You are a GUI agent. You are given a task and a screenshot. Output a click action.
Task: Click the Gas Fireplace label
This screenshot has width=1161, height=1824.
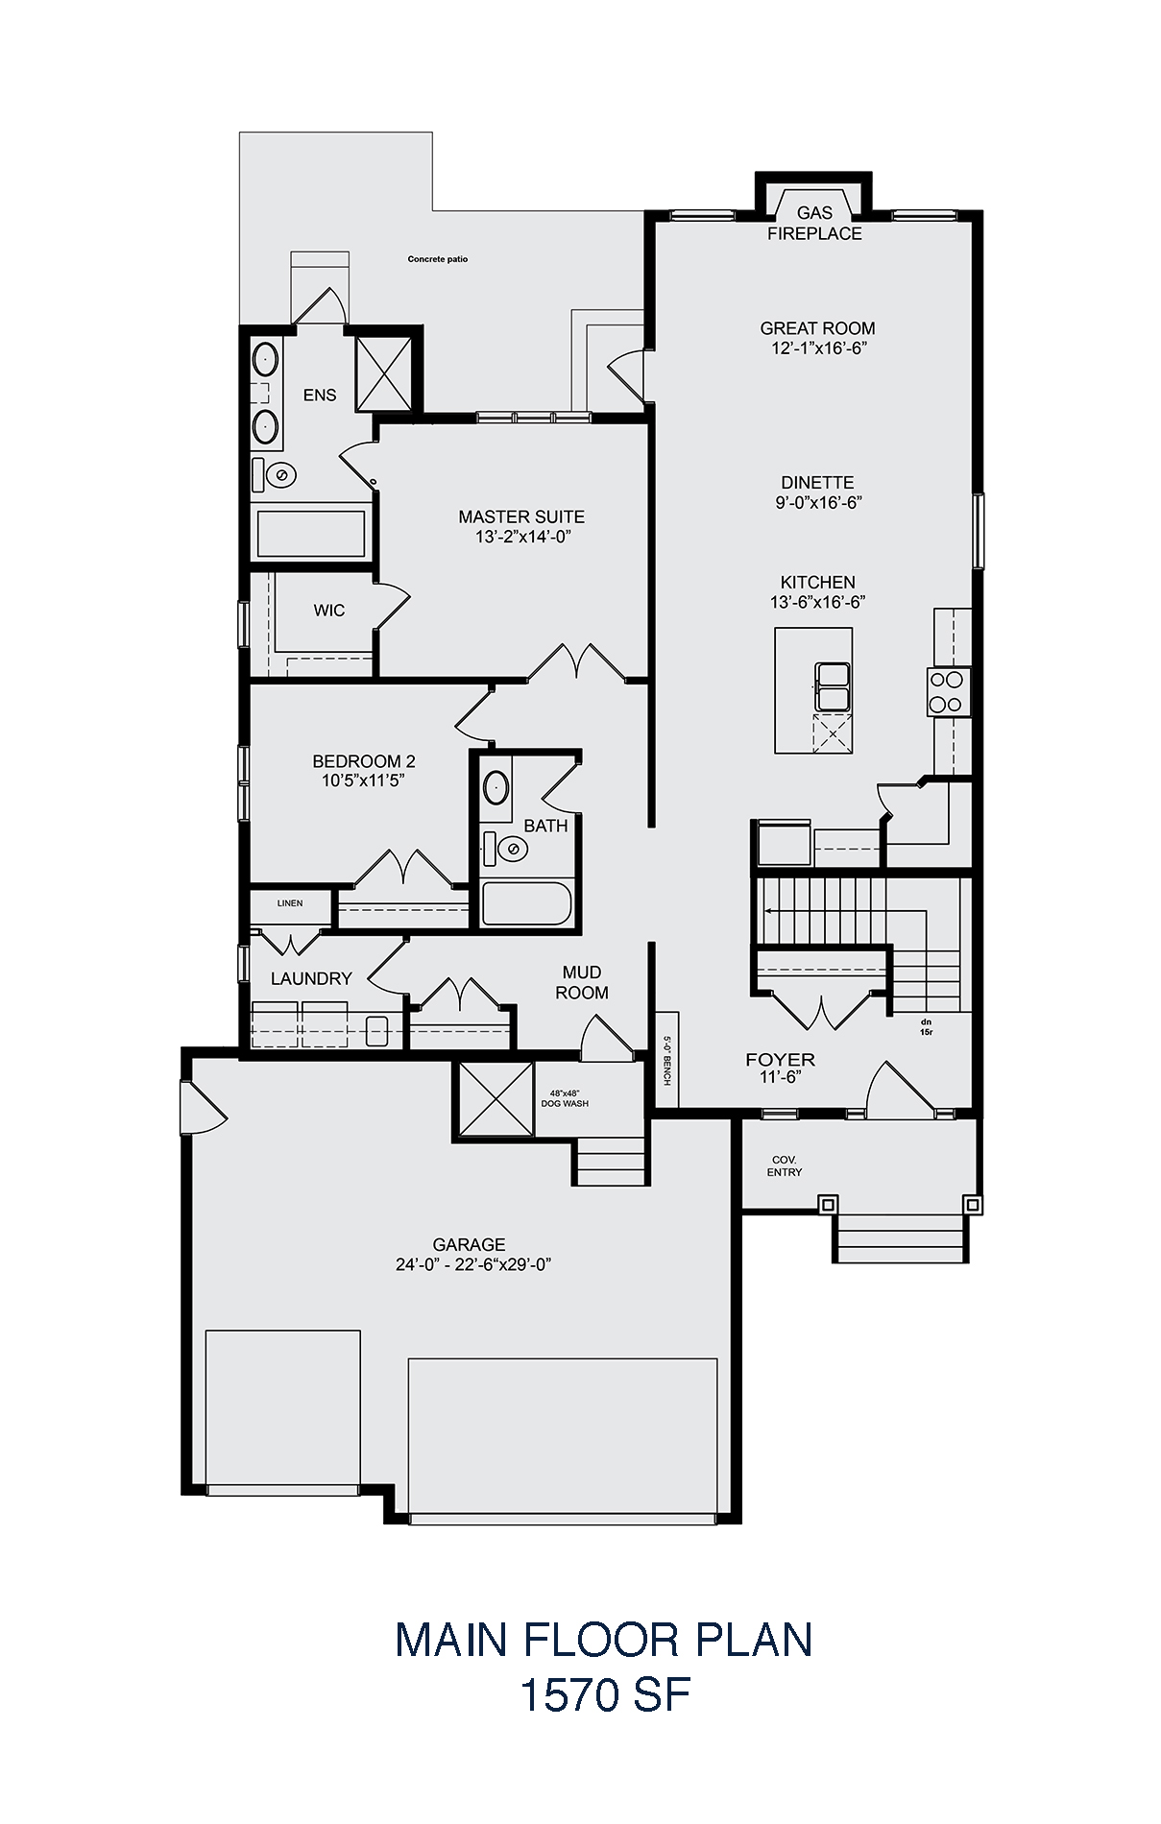tap(814, 224)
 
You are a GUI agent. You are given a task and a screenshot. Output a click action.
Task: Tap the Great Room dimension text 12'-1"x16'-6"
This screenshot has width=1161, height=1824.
tap(817, 348)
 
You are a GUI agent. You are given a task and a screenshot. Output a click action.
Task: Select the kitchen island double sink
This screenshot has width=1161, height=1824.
tap(832, 685)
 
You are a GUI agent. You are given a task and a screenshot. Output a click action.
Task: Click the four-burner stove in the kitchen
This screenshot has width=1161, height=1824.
tap(945, 691)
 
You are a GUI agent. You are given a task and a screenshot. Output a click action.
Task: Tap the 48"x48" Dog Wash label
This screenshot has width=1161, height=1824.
tap(569, 1098)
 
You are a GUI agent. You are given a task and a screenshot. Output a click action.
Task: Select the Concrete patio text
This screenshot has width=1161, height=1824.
tap(438, 259)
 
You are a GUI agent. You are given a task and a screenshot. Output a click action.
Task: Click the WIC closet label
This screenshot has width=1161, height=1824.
tap(328, 611)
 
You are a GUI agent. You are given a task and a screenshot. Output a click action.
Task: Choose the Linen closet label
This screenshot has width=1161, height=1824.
tap(290, 903)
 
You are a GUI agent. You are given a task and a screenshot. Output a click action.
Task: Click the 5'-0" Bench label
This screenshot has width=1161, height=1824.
tap(666, 1060)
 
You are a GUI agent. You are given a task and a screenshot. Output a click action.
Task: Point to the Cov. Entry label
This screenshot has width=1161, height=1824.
tap(785, 1166)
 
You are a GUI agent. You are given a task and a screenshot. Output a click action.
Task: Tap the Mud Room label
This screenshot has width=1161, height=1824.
tap(582, 983)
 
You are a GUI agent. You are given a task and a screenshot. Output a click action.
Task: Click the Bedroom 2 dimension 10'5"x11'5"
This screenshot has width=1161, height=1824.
tap(364, 781)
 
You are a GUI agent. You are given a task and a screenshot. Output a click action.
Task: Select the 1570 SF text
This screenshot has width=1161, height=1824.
tap(605, 1695)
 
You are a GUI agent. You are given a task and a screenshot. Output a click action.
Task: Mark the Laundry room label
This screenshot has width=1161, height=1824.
tap(311, 978)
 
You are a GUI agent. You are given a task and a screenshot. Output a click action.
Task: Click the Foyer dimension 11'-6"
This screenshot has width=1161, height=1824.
tap(781, 1077)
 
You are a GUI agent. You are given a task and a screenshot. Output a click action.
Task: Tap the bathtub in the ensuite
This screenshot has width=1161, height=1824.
tap(310, 534)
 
